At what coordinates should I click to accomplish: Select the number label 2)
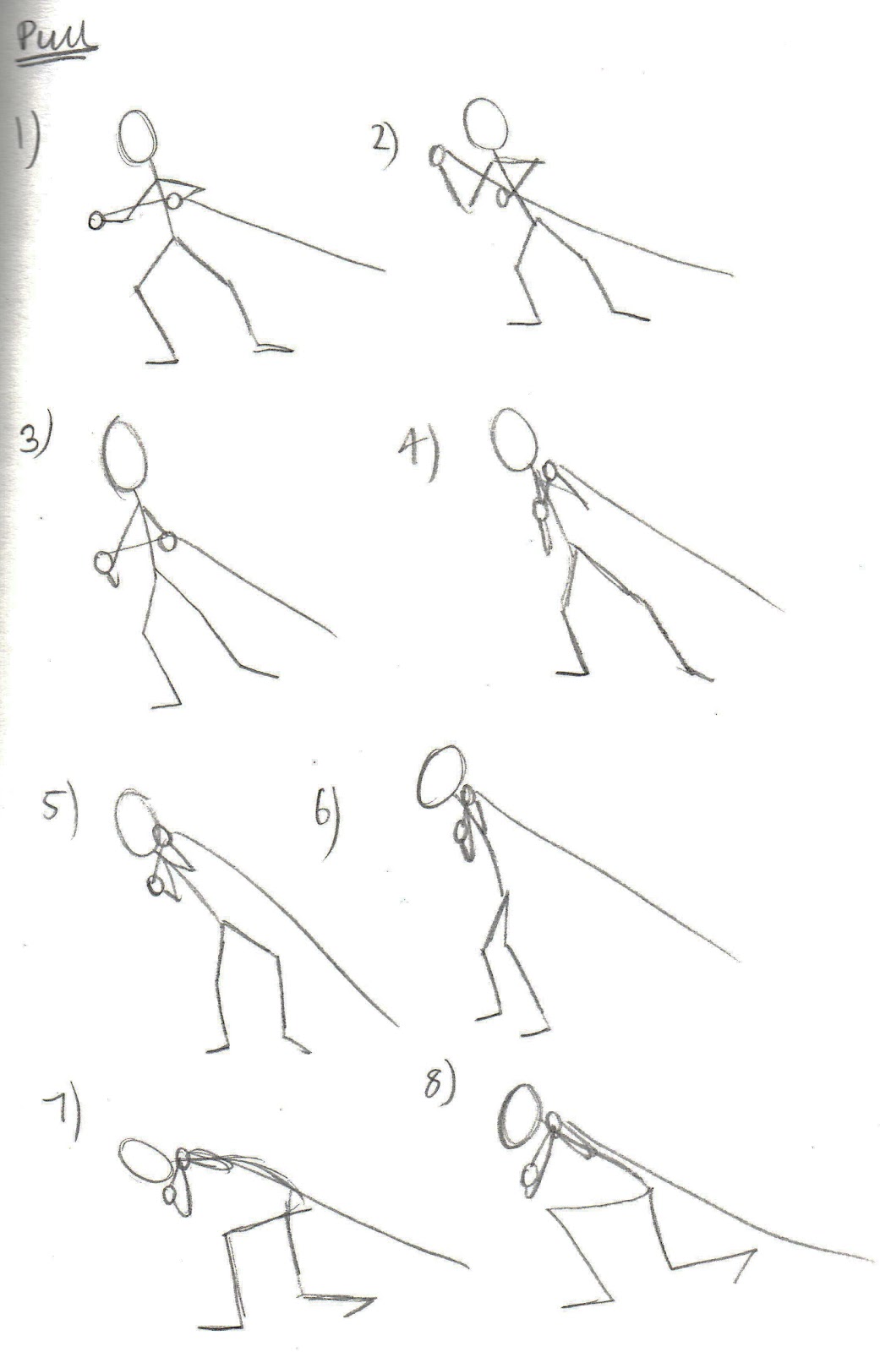click(385, 139)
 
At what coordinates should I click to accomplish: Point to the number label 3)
click(36, 437)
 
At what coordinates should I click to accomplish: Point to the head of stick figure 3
click(126, 455)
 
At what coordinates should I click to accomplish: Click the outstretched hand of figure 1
click(96, 221)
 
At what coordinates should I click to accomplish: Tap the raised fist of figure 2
click(439, 156)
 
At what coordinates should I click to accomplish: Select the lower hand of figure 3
click(106, 563)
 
